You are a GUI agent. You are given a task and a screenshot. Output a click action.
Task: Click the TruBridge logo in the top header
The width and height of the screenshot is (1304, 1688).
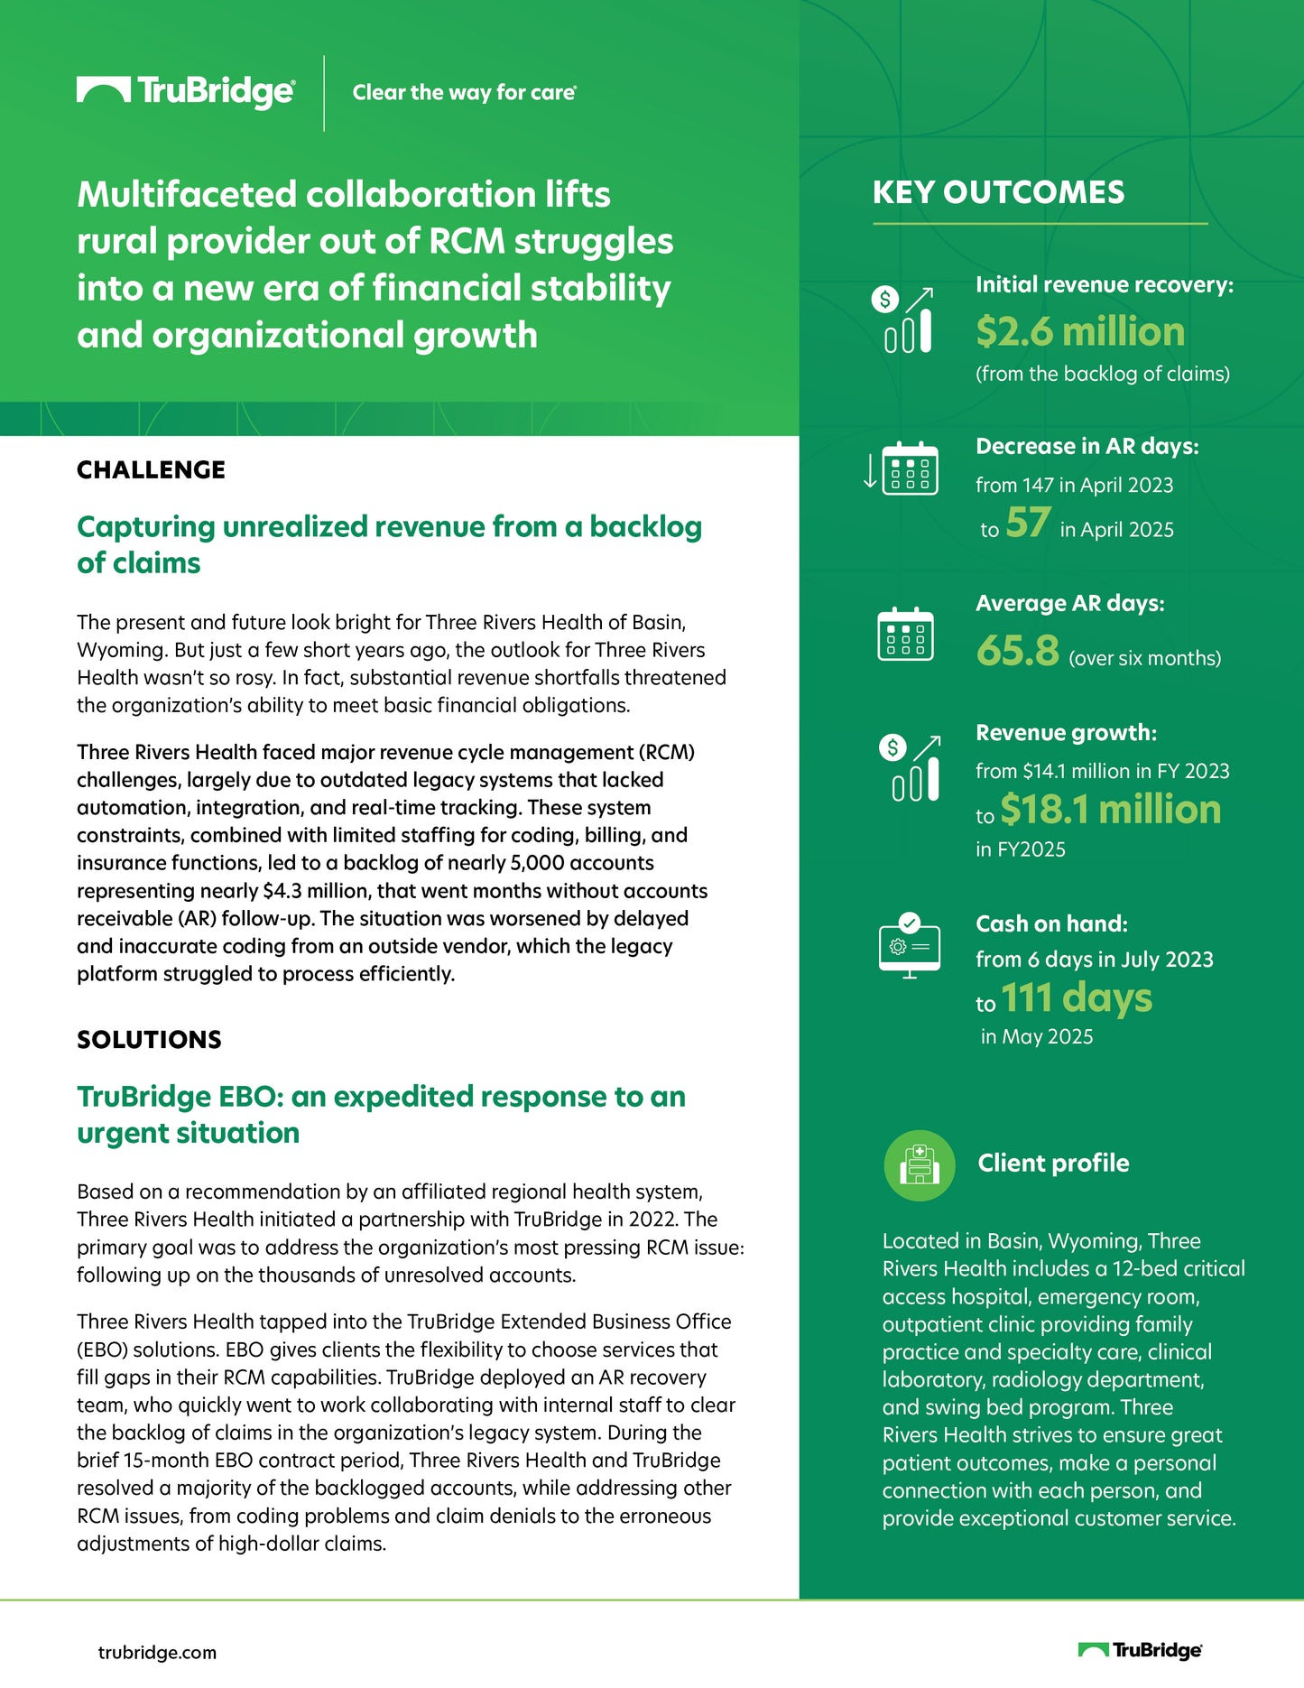click(x=185, y=91)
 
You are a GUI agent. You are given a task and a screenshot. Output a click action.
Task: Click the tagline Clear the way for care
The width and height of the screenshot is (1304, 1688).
click(x=464, y=92)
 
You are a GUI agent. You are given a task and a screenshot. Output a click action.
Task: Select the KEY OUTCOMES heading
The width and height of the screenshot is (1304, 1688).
click(x=998, y=192)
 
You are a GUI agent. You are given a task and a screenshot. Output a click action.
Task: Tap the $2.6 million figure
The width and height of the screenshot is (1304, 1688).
click(x=1080, y=331)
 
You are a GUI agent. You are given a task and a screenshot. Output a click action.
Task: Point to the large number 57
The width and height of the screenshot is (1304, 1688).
click(x=1028, y=523)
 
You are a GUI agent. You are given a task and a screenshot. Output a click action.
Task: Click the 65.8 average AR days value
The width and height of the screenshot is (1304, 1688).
click(x=1017, y=651)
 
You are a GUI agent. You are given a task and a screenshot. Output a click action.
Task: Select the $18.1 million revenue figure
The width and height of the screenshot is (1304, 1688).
click(x=1110, y=810)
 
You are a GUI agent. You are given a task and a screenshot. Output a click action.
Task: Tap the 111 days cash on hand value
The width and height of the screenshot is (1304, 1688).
click(x=1077, y=998)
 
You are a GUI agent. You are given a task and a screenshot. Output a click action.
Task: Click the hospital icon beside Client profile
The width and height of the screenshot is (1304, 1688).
click(x=920, y=1165)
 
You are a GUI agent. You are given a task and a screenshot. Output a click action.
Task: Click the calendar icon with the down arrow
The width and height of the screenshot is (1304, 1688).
click(x=902, y=468)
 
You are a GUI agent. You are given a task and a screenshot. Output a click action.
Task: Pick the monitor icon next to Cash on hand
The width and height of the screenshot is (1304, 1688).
click(x=910, y=946)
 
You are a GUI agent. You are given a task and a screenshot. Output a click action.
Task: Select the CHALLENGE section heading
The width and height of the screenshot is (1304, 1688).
click(x=151, y=469)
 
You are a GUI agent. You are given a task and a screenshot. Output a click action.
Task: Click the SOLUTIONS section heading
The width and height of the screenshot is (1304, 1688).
click(x=149, y=1039)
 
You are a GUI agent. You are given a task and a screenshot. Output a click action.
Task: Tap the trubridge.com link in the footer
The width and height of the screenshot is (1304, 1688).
click(x=157, y=1653)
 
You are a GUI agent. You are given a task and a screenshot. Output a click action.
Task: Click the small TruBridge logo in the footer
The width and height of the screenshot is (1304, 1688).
click(x=1140, y=1650)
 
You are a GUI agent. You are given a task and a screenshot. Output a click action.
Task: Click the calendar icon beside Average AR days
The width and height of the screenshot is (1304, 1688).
click(x=905, y=634)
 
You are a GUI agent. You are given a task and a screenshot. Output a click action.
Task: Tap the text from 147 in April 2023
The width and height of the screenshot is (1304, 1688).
click(x=1074, y=486)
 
